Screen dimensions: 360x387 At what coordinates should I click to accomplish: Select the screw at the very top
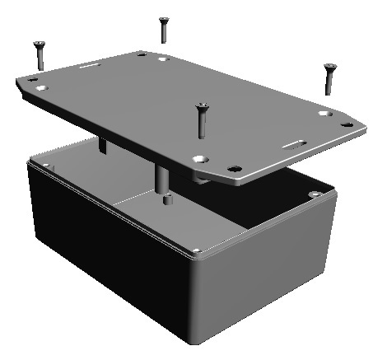[x=164, y=29]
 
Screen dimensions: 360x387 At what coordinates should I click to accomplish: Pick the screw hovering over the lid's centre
[x=198, y=119]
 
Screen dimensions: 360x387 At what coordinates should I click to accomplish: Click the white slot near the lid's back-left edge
[x=92, y=63]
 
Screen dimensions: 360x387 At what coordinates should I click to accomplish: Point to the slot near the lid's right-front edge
[x=294, y=143]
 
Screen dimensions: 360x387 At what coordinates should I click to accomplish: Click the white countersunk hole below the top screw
[x=164, y=59]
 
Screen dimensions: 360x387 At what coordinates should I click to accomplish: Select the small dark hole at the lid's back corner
[x=142, y=54]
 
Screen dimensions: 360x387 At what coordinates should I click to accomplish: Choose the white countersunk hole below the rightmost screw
[x=324, y=113]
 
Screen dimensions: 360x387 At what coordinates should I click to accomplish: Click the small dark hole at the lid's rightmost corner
[x=347, y=125]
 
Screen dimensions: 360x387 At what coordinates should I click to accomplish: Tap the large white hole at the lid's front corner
[x=199, y=157]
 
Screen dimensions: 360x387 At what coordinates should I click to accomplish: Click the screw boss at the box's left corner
[x=46, y=166]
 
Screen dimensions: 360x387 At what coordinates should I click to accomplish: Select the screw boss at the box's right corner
[x=315, y=194]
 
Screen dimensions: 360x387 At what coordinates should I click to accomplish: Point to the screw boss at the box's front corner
[x=197, y=250]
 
